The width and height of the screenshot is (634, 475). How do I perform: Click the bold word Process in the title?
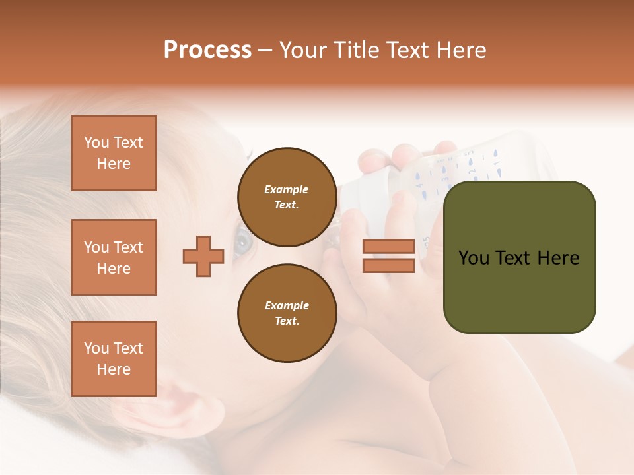click(x=207, y=50)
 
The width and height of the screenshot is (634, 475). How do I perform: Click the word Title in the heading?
click(x=355, y=50)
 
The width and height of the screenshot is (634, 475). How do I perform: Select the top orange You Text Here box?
click(x=114, y=153)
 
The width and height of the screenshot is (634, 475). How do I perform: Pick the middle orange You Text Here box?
click(x=114, y=257)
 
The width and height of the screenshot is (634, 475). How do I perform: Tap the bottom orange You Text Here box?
click(x=114, y=359)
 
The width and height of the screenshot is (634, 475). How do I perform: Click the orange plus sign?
click(x=203, y=255)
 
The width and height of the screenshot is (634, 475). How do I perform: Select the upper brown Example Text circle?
click(x=287, y=197)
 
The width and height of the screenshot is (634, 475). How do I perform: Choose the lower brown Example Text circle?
click(x=287, y=313)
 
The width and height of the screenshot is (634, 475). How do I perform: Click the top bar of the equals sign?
click(x=388, y=246)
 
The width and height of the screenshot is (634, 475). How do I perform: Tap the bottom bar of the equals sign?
click(x=388, y=265)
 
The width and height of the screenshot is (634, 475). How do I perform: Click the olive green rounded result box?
click(x=519, y=257)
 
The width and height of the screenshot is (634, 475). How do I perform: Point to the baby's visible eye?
click(x=242, y=241)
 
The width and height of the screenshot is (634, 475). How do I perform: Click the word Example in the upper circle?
click(x=287, y=189)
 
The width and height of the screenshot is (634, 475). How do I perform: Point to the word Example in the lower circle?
click(x=287, y=305)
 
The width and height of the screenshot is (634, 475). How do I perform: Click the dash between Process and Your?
click(x=265, y=51)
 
